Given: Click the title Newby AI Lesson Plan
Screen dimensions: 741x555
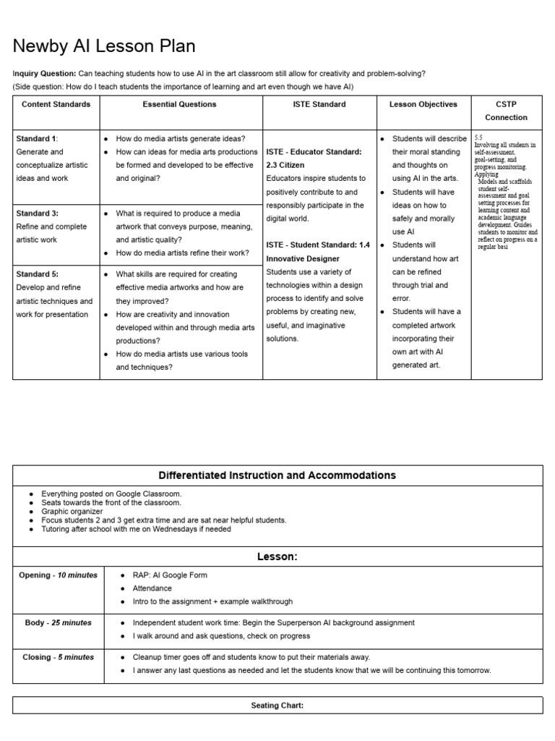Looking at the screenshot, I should click(x=104, y=47).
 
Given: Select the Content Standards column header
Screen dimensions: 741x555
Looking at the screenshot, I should click(x=56, y=104).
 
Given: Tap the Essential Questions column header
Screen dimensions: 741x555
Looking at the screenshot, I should click(x=181, y=104).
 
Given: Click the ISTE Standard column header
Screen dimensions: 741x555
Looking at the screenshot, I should click(x=319, y=104).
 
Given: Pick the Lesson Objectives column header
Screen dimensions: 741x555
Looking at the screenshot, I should click(x=423, y=104).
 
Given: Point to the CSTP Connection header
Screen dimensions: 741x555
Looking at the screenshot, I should click(x=506, y=111).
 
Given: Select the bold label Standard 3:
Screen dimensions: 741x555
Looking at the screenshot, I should click(x=37, y=213).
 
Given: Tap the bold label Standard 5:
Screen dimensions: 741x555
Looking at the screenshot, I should click(x=37, y=274).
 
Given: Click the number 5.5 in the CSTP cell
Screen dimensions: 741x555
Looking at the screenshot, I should click(x=479, y=137).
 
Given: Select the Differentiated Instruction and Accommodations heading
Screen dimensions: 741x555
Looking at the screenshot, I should click(x=277, y=475).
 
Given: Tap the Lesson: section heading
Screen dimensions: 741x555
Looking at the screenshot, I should click(x=277, y=556).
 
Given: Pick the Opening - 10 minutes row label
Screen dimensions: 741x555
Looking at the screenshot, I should click(x=58, y=575).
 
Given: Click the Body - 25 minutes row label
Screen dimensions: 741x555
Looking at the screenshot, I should click(x=58, y=622).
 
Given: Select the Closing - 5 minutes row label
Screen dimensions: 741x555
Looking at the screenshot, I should click(x=58, y=657).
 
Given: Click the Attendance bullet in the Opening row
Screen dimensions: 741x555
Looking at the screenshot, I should click(x=152, y=588).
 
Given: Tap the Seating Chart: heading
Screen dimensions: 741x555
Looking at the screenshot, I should click(x=277, y=706).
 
